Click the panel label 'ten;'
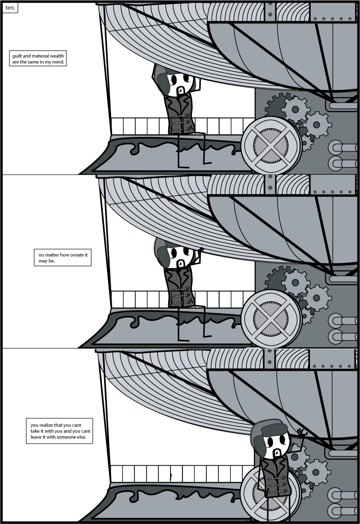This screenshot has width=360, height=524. pyautogui.click(x=10, y=8)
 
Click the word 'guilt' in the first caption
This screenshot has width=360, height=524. pyautogui.click(x=17, y=56)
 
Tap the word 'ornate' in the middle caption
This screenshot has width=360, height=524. pyautogui.click(x=75, y=255)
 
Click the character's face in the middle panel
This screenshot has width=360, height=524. pyautogui.click(x=180, y=257)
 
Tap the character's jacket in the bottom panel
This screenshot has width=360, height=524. pyautogui.click(x=274, y=476)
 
